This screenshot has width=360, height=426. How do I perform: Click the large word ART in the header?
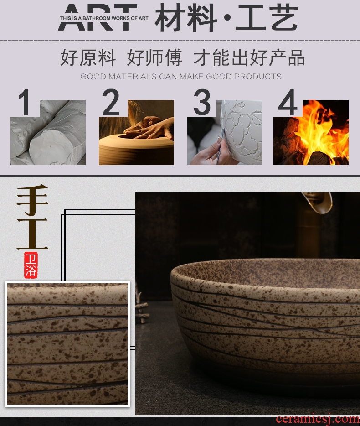pyautogui.click(x=98, y=17)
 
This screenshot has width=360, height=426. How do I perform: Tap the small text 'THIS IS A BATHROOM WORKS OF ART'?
pyautogui.click(x=104, y=19)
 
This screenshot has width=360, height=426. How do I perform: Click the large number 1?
pyautogui.click(x=24, y=103)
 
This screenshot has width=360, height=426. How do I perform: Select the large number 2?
pyautogui.click(x=111, y=102)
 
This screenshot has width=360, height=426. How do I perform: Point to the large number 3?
pyautogui.click(x=202, y=102)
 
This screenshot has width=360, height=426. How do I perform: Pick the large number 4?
pyautogui.click(x=288, y=103)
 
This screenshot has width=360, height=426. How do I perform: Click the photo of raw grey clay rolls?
pyautogui.click(x=48, y=132)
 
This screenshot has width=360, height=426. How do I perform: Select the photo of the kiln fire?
pyautogui.click(x=311, y=132)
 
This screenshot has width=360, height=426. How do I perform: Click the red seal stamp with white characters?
pyautogui.click(x=31, y=265)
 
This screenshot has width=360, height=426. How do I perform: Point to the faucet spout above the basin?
pyautogui.click(x=318, y=203)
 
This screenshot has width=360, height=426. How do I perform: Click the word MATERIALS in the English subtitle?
pyautogui.click(x=132, y=77)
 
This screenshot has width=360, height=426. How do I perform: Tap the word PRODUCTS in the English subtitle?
pyautogui.click(x=257, y=77)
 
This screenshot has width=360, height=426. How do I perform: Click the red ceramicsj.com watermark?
pyautogui.click(x=318, y=420)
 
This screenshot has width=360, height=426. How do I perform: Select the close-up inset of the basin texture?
pyautogui.click(x=67, y=344)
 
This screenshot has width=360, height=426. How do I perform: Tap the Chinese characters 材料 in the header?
pyautogui.click(x=186, y=18)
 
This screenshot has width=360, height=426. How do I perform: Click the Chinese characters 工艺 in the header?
pyautogui.click(x=267, y=18)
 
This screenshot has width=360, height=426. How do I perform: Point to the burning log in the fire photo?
pyautogui.click(x=321, y=158)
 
